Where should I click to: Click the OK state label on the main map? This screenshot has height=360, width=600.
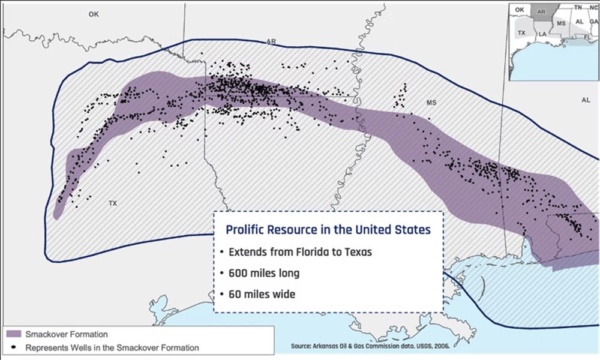tap(93, 14)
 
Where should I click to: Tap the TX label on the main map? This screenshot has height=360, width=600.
tap(113, 203)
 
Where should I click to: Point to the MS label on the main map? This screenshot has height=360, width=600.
tap(431, 103)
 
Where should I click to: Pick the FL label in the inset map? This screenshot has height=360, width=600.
tap(588, 37)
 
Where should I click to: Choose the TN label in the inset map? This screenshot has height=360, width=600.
tap(578, 7)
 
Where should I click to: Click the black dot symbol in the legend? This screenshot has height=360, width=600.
tap(13, 347)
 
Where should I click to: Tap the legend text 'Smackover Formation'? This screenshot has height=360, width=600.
tap(59, 334)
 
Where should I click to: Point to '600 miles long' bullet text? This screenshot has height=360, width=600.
tap(264, 273)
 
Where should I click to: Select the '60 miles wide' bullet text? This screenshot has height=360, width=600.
tap(262, 295)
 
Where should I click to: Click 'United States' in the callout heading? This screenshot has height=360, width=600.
tap(391, 230)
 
